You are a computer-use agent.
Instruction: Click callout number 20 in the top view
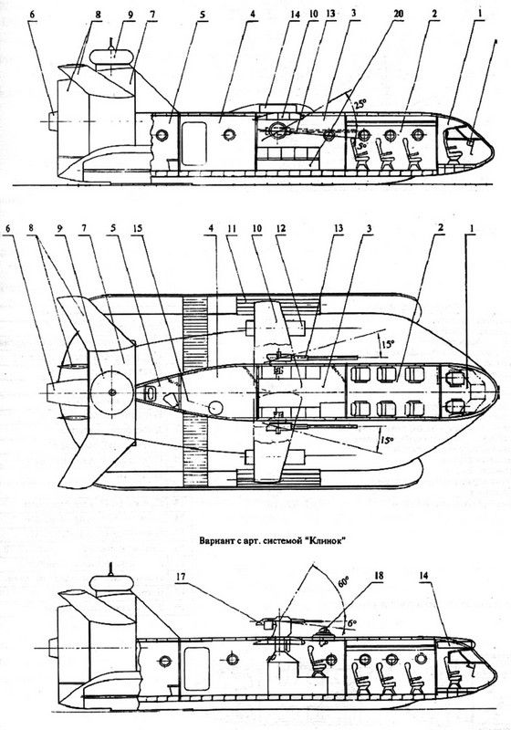(x=399, y=14)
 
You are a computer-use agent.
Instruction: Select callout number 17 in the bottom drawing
(x=181, y=577)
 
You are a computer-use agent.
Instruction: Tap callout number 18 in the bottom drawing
(x=380, y=576)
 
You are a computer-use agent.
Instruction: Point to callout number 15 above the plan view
(x=138, y=229)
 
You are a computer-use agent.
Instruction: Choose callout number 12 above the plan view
(x=280, y=229)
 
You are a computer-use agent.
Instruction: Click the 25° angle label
(x=360, y=104)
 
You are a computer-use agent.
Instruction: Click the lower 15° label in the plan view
(x=385, y=439)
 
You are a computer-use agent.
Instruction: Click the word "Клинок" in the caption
(x=328, y=541)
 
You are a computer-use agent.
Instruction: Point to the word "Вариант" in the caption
(x=214, y=541)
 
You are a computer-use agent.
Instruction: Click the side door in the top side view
(x=194, y=144)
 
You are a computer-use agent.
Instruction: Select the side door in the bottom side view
(x=196, y=669)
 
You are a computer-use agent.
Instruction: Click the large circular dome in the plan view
(x=111, y=392)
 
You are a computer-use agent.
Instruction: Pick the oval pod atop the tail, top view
(x=111, y=57)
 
